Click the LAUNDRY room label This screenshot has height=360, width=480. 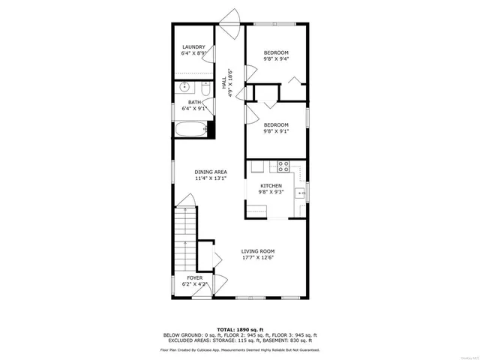click(x=193, y=47)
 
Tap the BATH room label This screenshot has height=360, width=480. click(x=194, y=102)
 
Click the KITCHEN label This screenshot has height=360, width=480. click(x=271, y=185)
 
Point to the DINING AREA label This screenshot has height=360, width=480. click(x=211, y=172)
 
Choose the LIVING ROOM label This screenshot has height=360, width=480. click(x=257, y=251)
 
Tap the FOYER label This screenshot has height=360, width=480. click(x=194, y=278)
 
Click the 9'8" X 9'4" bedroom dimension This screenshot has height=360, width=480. click(x=276, y=59)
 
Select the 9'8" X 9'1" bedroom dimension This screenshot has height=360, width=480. click(x=276, y=131)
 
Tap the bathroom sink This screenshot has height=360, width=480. click(x=185, y=87)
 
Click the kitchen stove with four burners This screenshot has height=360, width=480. click(x=283, y=166)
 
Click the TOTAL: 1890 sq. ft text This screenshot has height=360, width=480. click(x=240, y=329)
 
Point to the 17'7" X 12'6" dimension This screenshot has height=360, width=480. click(x=257, y=258)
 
